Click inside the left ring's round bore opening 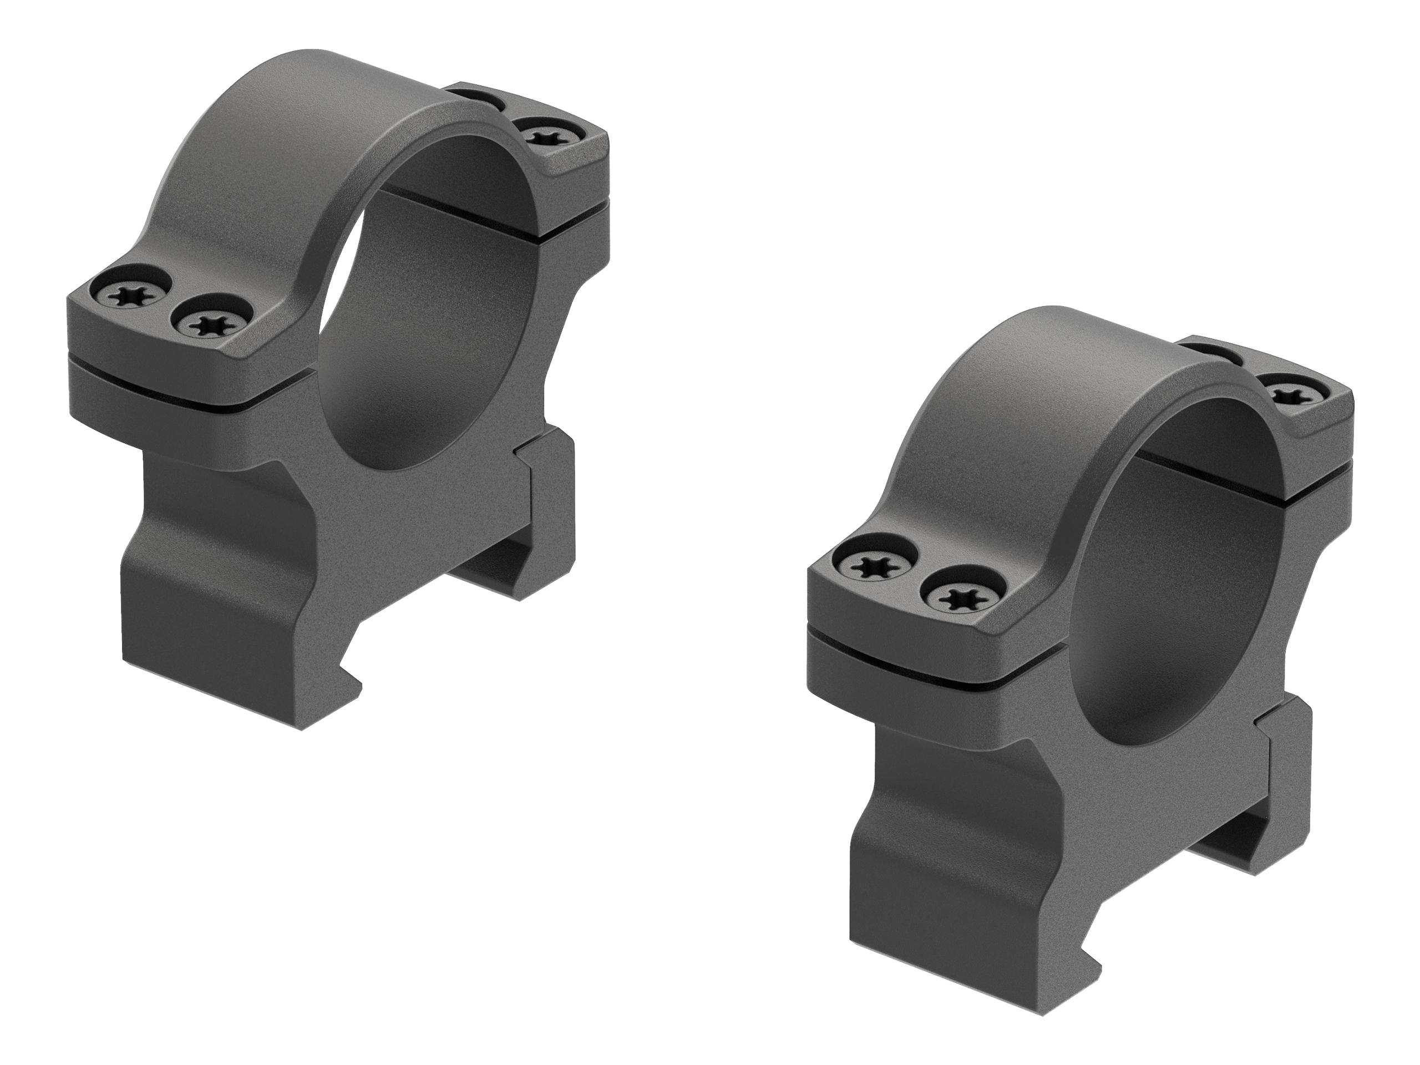tap(424, 308)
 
